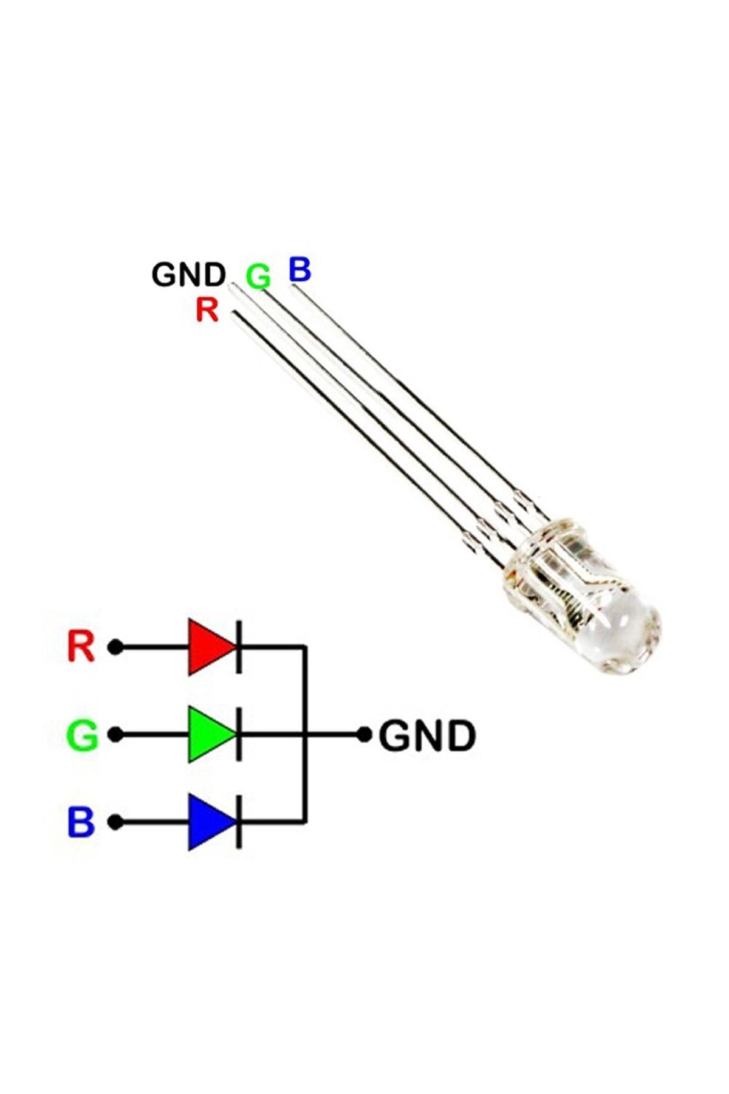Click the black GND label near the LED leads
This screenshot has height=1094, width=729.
point(188,274)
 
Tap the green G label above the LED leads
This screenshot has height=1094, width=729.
point(258,277)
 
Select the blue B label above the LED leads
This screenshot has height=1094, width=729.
point(299,269)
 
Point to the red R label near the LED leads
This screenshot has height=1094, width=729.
point(207,309)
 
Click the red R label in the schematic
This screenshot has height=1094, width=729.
point(81,647)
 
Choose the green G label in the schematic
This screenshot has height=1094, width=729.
point(81,735)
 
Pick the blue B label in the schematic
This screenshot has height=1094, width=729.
point(81,822)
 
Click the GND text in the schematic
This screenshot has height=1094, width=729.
point(427,736)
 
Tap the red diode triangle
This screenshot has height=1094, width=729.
point(208,647)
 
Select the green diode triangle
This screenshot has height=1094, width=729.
point(208,735)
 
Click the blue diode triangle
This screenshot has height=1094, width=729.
point(208,822)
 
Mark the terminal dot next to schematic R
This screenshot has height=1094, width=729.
point(115,647)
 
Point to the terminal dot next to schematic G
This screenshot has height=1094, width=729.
point(115,735)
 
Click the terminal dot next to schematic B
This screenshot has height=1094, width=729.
point(115,822)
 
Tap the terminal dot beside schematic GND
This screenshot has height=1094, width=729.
point(364,735)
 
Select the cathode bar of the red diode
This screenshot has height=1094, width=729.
point(239,647)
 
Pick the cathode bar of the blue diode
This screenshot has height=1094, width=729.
point(239,822)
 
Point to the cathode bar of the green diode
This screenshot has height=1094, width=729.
point(239,735)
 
